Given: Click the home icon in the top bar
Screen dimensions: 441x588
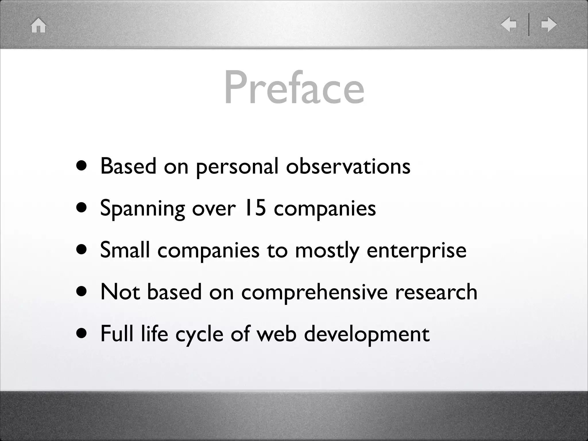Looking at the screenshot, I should click(x=38, y=26).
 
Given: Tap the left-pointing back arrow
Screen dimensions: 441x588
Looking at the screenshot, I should click(x=509, y=24).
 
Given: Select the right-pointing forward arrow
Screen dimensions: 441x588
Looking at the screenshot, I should click(x=549, y=24).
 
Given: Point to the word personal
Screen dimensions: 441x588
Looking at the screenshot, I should click(x=237, y=167).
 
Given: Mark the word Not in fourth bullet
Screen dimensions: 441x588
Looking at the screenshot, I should click(x=120, y=292).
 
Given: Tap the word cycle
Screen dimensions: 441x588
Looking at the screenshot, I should click(x=199, y=335).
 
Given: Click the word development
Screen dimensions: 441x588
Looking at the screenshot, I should click(x=367, y=335).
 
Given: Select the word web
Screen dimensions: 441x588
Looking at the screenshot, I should click(x=276, y=334).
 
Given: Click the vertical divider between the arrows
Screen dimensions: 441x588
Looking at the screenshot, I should click(x=529, y=25).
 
